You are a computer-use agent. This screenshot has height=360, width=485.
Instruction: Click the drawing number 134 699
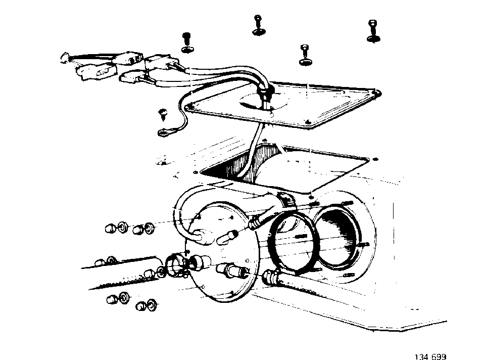430,357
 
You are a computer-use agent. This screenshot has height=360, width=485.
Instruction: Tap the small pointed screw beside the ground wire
162,114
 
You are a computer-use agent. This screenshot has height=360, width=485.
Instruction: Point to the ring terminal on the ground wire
164,133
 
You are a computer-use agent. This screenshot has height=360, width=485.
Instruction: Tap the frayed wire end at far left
65,58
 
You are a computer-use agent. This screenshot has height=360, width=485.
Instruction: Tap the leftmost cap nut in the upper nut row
110,229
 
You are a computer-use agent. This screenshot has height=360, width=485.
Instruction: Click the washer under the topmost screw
259,31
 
